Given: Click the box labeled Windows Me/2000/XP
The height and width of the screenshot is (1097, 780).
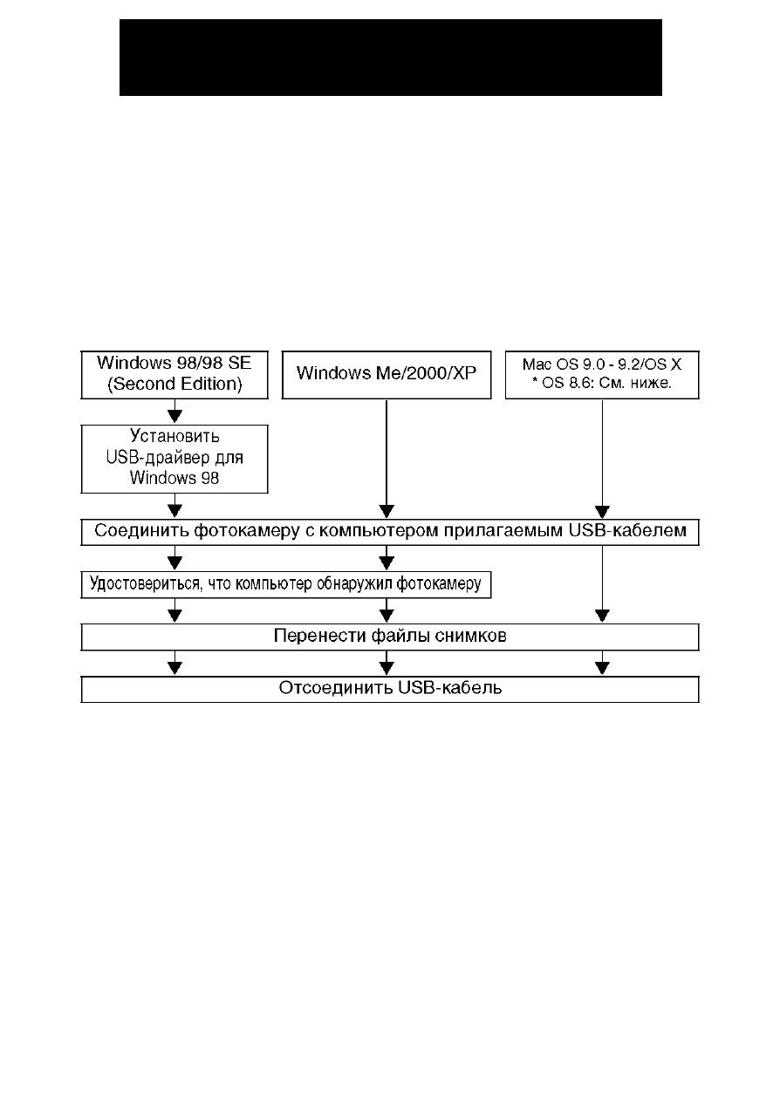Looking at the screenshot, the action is click(387, 375).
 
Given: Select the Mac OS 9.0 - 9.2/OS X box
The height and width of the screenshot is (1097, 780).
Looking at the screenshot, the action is click(602, 375).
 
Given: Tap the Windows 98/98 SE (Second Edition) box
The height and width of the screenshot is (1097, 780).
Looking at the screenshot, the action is click(174, 375).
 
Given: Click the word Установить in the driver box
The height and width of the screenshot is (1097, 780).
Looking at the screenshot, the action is click(174, 436).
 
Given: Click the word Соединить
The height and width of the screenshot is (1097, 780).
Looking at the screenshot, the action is click(141, 531).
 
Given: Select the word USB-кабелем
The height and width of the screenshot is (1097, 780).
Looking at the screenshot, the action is click(627, 530).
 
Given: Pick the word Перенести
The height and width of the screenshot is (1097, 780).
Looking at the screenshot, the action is click(319, 636).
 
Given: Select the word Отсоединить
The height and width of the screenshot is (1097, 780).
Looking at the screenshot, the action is click(336, 688).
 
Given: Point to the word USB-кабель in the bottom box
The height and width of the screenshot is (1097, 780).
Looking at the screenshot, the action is click(450, 688).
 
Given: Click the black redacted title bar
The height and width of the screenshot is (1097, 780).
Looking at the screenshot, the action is click(391, 58).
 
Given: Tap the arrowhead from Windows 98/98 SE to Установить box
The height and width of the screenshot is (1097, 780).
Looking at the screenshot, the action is click(174, 416).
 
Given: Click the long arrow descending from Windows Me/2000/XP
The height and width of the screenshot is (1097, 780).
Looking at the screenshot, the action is click(387, 459).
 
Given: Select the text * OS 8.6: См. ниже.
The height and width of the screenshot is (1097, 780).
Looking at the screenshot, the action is click(602, 383).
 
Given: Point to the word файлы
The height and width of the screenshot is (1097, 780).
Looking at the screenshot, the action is click(400, 636).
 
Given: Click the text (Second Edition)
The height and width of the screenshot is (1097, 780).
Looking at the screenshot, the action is click(174, 384).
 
